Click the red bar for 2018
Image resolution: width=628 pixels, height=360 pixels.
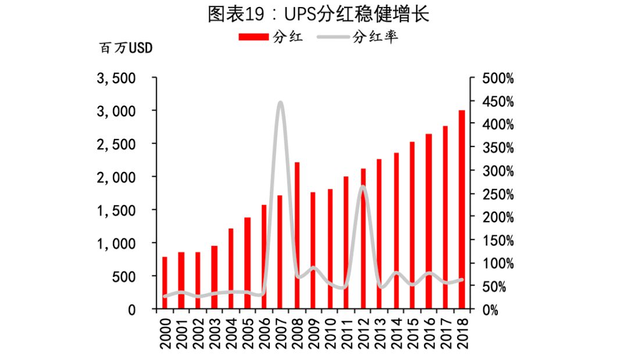click(x=462, y=209)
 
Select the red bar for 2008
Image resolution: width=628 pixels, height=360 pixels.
click(x=297, y=236)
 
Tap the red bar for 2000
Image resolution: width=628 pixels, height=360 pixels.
click(x=165, y=283)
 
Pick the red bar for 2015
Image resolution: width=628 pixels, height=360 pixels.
click(x=412, y=225)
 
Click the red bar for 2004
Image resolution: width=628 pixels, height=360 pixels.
click(x=231, y=269)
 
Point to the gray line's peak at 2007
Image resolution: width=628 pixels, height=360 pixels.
click(x=280, y=103)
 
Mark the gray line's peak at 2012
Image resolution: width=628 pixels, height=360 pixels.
click(x=363, y=187)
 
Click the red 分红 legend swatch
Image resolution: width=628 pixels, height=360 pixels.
click(x=254, y=37)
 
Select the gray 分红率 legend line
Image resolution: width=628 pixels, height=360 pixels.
click(x=333, y=37)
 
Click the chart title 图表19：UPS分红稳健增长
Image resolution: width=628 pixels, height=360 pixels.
click(x=319, y=15)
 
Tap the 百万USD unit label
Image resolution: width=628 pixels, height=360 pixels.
click(x=126, y=48)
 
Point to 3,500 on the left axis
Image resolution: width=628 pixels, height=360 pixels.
click(x=116, y=79)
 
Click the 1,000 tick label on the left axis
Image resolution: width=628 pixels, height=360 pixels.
click(x=116, y=244)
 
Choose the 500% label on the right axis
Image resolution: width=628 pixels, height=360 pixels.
click(x=498, y=79)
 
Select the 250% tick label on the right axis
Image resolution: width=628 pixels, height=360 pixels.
click(x=498, y=195)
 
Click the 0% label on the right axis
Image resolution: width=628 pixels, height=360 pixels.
click(x=490, y=310)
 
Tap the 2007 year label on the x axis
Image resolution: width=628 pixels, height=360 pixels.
click(x=280, y=334)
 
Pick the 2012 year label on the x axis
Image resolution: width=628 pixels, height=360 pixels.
click(x=363, y=334)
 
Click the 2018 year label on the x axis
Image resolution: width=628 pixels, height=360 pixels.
click(x=462, y=334)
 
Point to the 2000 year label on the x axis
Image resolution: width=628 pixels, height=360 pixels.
click(x=165, y=334)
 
